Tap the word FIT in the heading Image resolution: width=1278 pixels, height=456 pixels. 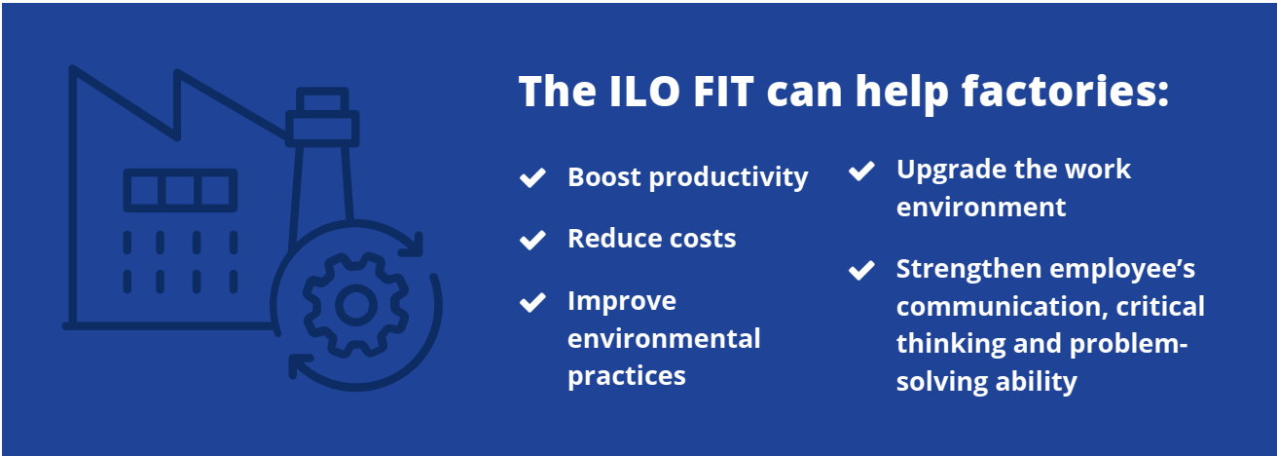pyautogui.click(x=723, y=92)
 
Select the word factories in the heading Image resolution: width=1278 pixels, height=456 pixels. pyautogui.click(x=1065, y=92)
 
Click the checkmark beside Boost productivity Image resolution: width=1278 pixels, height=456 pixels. pyautogui.click(x=532, y=177)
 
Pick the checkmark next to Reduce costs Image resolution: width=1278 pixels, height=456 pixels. pyautogui.click(x=532, y=240)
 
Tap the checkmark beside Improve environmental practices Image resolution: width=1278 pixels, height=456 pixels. pyautogui.click(x=532, y=302)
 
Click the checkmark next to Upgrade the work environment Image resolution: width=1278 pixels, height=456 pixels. pyautogui.click(x=861, y=171)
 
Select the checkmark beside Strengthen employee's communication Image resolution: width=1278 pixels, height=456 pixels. pyautogui.click(x=861, y=270)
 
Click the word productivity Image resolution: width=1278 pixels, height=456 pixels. pyautogui.click(x=729, y=177)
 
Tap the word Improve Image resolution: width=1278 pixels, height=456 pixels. pyautogui.click(x=622, y=301)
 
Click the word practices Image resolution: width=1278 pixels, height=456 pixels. pyautogui.click(x=627, y=376)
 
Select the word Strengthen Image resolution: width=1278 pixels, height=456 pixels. pyautogui.click(x=968, y=269)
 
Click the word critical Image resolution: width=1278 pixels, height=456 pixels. pyautogui.click(x=1160, y=306)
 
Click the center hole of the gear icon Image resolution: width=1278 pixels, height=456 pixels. pyautogui.click(x=356, y=305)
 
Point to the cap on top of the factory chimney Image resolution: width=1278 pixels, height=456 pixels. pyautogui.click(x=322, y=100)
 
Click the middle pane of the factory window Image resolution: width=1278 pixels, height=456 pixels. pyautogui.click(x=180, y=190)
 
